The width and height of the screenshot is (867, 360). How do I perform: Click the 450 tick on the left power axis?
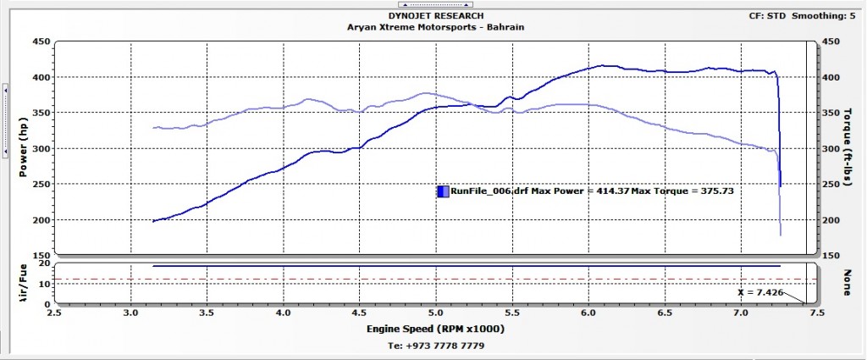(39, 42)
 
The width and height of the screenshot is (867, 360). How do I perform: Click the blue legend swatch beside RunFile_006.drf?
(443, 191)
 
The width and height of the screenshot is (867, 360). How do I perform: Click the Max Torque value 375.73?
(714, 191)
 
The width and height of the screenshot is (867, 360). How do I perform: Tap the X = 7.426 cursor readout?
(759, 292)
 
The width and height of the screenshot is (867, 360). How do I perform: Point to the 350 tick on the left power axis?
(39, 114)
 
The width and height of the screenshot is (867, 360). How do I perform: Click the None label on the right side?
(846, 282)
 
